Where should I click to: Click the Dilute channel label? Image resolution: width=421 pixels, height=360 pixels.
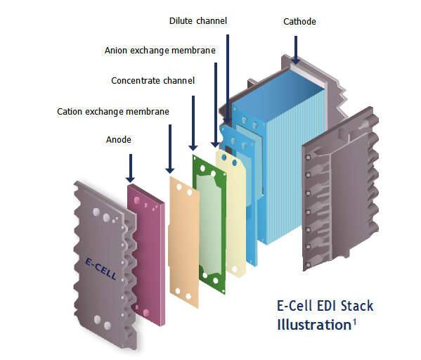pos(198,21)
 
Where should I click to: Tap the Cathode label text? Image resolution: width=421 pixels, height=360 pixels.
pos(299,22)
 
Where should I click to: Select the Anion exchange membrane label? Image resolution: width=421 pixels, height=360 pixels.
pos(160,51)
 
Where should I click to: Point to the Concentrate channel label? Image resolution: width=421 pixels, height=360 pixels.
pos(153,81)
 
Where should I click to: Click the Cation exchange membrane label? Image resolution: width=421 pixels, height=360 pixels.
pos(113,112)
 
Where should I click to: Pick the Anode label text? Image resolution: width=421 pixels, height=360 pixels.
pos(118,140)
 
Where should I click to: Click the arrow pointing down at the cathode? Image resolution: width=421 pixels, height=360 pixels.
pos(296,50)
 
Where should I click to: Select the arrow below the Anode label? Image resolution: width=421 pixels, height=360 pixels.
pos(131,169)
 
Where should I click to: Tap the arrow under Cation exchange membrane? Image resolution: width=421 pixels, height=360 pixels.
pos(169,149)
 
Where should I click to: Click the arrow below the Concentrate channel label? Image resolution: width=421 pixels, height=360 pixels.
pos(193,123)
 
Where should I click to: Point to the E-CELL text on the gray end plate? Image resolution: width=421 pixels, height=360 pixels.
pos(101,269)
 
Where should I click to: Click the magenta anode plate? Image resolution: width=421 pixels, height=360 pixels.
pos(145,255)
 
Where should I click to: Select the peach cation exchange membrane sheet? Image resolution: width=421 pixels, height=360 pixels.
pos(183,242)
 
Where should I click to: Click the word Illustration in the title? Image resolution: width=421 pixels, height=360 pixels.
pos(314,325)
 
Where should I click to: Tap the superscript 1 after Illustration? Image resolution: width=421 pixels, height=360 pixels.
pos(354,322)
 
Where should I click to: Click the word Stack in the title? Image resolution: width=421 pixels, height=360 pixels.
pos(357,306)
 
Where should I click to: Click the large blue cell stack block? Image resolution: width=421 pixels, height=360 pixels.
pos(276,161)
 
